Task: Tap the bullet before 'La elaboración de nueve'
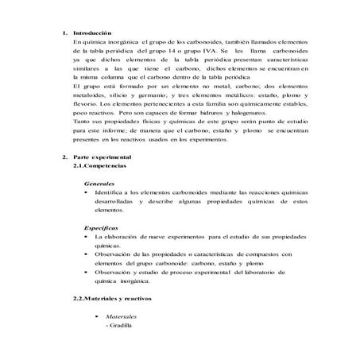point(86,237)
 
